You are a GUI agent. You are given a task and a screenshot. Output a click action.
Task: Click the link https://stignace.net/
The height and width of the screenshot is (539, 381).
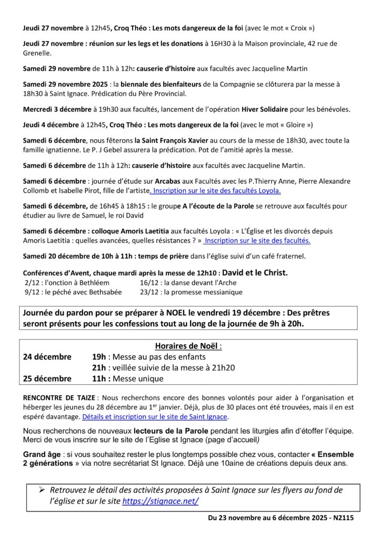[160, 501]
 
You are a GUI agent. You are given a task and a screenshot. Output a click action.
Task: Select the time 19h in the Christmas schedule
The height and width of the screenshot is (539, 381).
[99, 357]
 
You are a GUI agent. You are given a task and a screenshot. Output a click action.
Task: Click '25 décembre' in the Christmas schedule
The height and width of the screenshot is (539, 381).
[47, 378]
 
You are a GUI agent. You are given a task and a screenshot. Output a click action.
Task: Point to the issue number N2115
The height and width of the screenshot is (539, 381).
[342, 518]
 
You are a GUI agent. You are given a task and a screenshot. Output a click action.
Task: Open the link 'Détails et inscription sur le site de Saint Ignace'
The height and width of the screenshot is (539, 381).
[155, 417]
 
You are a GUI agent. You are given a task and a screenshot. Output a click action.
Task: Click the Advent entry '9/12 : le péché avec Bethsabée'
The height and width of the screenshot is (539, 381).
[73, 292]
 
